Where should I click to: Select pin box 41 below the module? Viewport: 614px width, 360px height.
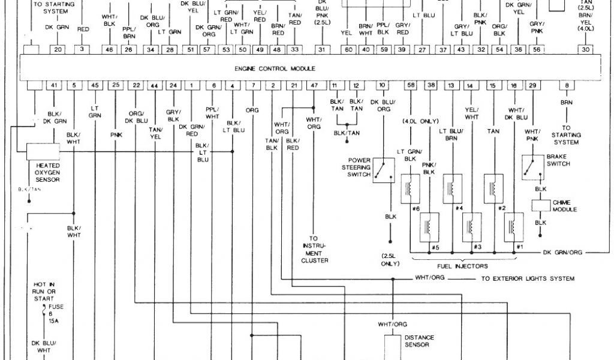(x=54, y=86)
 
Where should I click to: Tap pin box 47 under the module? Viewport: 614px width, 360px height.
(x=314, y=86)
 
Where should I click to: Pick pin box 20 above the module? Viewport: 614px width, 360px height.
(x=58, y=50)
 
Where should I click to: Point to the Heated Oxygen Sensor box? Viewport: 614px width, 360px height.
(x=43, y=151)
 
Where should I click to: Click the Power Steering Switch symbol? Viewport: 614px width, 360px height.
(x=384, y=170)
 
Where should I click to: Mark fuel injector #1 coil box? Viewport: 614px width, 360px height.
(x=514, y=227)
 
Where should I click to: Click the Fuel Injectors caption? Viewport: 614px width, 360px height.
(x=462, y=266)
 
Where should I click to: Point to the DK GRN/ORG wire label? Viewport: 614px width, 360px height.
(x=562, y=253)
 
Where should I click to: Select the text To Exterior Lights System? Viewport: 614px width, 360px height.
(x=528, y=278)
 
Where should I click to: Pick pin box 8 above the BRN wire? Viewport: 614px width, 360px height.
(x=566, y=86)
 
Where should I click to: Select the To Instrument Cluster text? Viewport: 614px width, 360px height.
(x=315, y=249)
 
